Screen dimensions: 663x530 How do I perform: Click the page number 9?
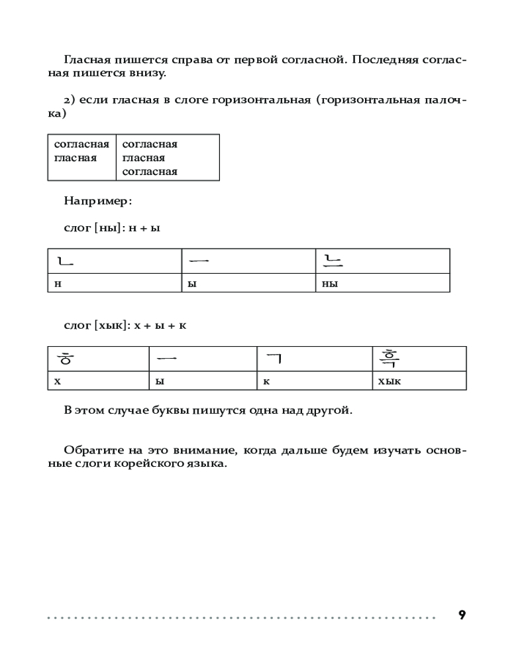[462, 615]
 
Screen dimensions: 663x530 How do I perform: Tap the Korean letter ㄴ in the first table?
[65, 261]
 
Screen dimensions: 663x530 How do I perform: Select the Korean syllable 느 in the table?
[332, 260]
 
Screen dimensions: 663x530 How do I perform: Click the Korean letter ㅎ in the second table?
[64, 359]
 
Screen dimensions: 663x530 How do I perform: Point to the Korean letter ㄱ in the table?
[274, 359]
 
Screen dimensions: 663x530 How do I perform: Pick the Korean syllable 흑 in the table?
[388, 359]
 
